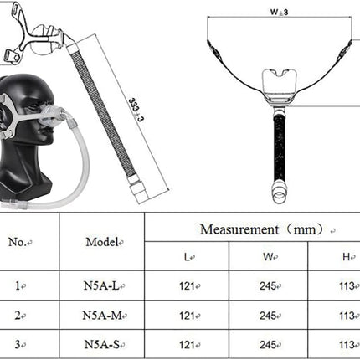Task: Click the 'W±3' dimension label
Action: coord(279,12)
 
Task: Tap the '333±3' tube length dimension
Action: coord(136,110)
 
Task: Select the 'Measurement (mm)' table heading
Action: coord(262,229)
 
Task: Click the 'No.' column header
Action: coord(18,242)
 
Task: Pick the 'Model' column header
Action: coord(101,242)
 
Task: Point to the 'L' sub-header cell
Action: coord(187,257)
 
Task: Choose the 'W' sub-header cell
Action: coord(268,257)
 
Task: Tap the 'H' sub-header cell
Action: coord(346,257)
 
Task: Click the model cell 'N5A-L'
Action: coord(101,285)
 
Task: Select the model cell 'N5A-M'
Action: coord(102,316)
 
